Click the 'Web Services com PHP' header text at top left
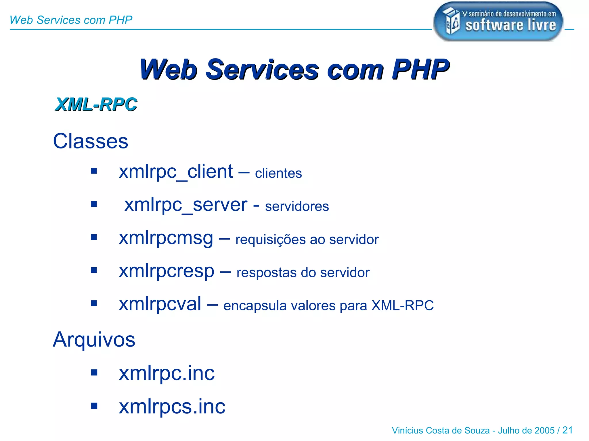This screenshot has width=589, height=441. click(71, 20)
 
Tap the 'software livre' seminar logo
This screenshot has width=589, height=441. click(498, 22)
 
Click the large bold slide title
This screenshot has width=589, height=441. click(294, 69)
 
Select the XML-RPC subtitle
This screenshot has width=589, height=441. click(96, 104)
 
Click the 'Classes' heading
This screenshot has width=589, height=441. click(91, 141)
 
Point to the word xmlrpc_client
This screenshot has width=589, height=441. click(176, 172)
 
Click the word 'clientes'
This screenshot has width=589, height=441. click(278, 173)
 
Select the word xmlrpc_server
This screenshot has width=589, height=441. click(186, 205)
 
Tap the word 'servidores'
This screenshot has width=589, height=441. click(297, 206)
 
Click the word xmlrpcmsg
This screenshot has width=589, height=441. click(166, 238)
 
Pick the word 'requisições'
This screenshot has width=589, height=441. click(270, 240)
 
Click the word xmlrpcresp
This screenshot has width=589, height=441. click(167, 271)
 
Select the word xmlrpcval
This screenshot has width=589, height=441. click(160, 304)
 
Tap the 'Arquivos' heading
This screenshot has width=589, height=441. click(94, 340)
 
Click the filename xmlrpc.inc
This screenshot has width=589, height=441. click(167, 373)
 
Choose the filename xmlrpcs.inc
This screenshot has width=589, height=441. click(172, 407)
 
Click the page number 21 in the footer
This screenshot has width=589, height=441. click(567, 430)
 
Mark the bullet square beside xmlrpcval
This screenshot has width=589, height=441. click(94, 303)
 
